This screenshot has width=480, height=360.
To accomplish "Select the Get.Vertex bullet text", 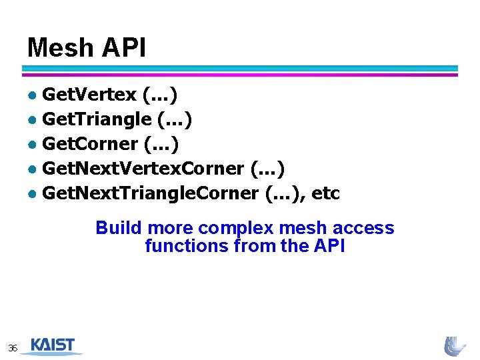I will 89,95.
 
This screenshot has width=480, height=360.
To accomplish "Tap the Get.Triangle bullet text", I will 97,120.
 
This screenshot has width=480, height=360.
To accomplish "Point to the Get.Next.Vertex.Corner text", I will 143,169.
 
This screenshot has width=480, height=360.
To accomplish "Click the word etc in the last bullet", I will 325,193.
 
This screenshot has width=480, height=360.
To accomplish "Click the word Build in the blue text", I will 119,228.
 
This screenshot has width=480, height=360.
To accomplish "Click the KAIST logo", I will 53,346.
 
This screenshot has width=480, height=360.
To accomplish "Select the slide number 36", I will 13,348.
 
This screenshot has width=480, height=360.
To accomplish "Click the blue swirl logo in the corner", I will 456,346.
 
